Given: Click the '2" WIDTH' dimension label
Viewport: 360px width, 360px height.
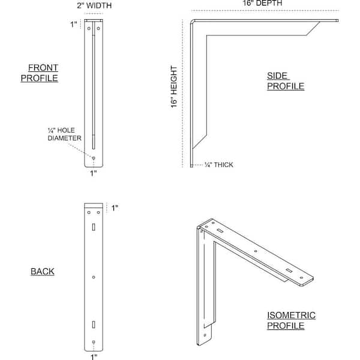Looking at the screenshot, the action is tap(94, 5).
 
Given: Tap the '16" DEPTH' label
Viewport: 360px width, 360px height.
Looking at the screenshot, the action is tap(262, 3).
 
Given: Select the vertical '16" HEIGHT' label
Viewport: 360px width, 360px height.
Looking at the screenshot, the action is tap(174, 87).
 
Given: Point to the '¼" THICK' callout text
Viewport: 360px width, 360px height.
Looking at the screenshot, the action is tap(219, 165).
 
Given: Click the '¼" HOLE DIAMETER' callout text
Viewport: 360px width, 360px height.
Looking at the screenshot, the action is tap(65, 134).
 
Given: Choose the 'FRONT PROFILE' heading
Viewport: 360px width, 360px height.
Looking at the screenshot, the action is tap(40, 73).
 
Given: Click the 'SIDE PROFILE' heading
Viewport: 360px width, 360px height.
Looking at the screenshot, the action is tap(286, 81).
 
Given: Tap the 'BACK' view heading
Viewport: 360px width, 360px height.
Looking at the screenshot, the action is tap(43, 271).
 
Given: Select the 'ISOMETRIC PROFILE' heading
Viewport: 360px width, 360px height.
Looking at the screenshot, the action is tap(291, 320).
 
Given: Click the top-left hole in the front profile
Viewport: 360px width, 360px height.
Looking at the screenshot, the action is tap(89, 28).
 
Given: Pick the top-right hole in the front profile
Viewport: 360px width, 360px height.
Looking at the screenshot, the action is tap(98, 28).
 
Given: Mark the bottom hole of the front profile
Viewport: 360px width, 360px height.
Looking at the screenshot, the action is tap(94, 158).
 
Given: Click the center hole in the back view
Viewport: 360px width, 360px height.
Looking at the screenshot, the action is tap(94, 277).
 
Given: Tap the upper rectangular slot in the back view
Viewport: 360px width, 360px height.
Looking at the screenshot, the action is tap(94, 227).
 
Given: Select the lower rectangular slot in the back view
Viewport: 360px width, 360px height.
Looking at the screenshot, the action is tap(94, 325).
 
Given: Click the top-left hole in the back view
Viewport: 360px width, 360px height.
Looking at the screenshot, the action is tap(89, 212).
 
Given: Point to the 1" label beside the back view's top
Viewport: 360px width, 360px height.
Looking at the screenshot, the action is tap(115, 208).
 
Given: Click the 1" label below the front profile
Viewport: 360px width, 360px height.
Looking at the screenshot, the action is tap(93, 173).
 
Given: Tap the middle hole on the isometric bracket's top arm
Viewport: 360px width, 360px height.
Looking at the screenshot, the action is tap(256, 251).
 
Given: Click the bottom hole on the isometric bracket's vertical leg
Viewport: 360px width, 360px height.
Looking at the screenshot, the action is tap(205, 335).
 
